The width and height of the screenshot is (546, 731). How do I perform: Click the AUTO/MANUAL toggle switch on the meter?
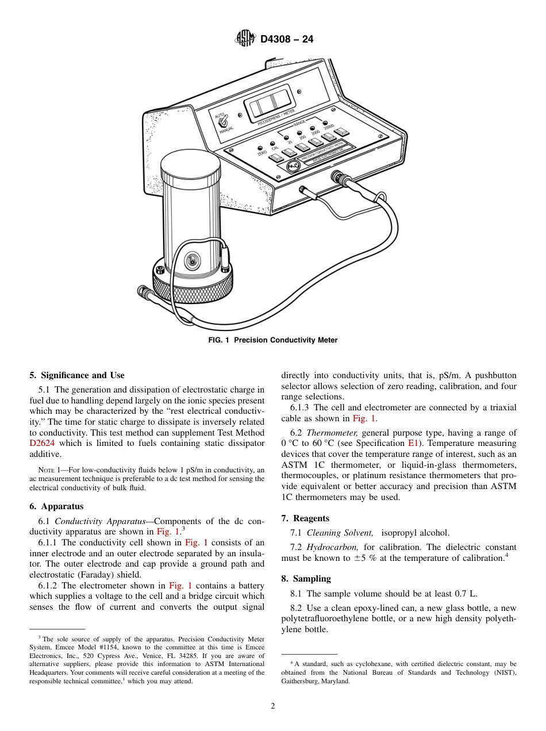[x=226, y=122]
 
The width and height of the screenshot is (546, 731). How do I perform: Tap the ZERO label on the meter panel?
[x=262, y=153]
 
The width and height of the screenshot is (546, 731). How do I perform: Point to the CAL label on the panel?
[x=275, y=148]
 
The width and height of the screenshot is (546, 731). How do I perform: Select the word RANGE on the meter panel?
[x=299, y=124]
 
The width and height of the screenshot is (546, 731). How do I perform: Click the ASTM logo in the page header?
[x=245, y=39]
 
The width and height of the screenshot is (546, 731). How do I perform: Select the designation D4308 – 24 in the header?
[x=287, y=40]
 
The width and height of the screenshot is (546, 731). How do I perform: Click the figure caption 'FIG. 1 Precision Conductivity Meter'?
[x=272, y=340]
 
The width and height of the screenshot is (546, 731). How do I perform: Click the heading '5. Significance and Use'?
[x=76, y=375]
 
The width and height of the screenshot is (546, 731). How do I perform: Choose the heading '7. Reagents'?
[x=305, y=518]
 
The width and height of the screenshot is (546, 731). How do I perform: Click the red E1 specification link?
[x=412, y=443]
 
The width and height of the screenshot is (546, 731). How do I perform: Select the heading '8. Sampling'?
[x=306, y=579]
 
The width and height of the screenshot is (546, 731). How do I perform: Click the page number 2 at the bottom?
[x=273, y=706]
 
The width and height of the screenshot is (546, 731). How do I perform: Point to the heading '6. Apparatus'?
[x=56, y=506]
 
